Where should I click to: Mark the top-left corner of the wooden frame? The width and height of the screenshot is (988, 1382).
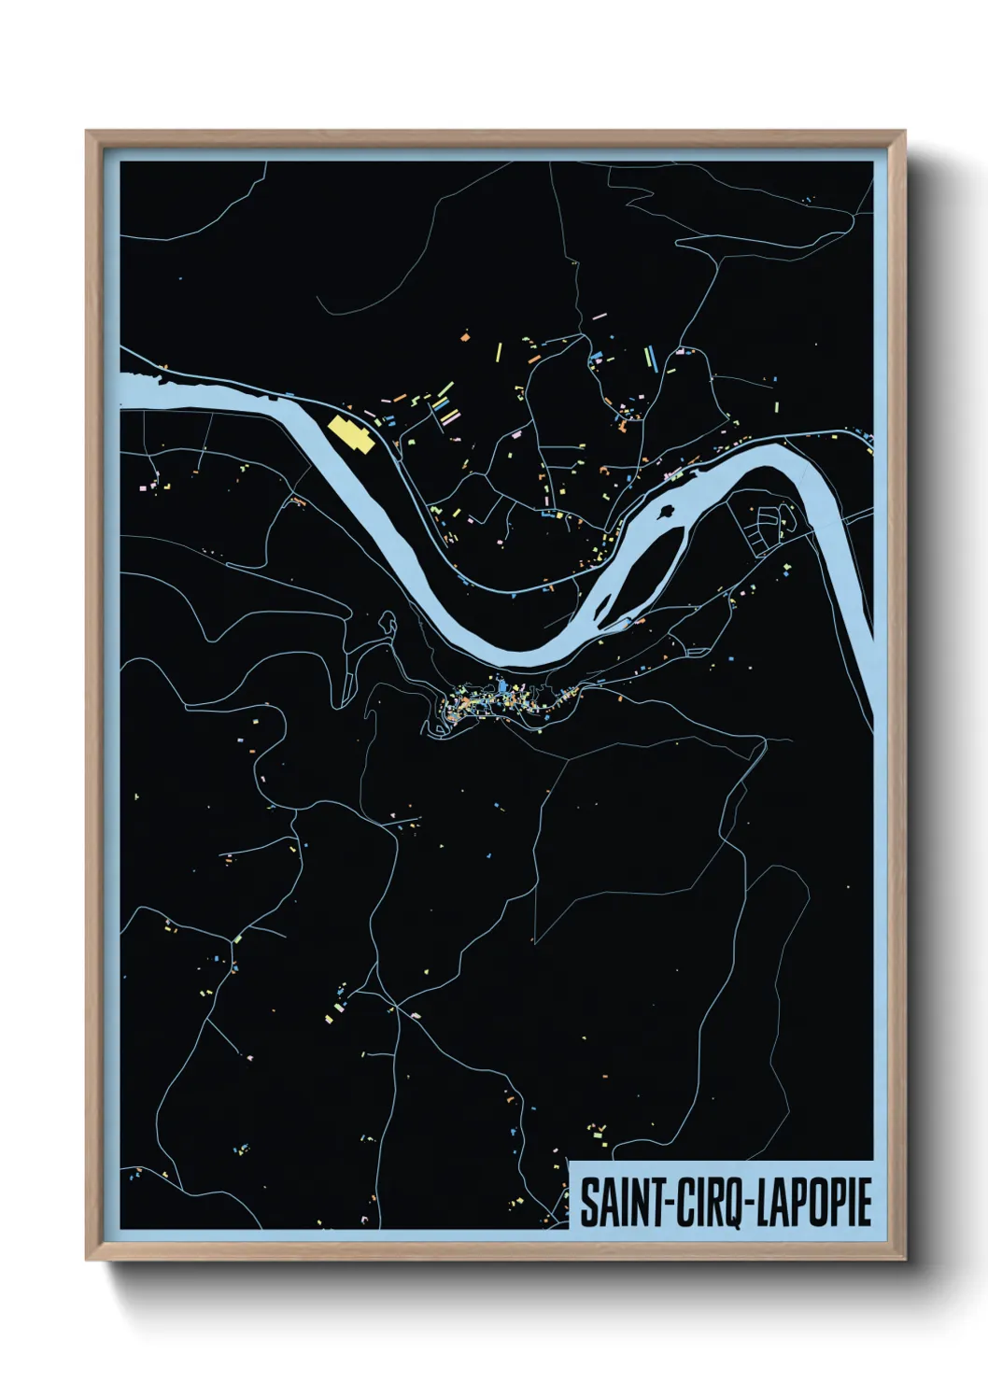[x=88, y=133]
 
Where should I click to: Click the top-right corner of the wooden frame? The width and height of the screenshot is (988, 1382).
[x=904, y=133]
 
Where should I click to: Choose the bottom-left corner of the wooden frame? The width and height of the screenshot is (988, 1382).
[x=88, y=1259]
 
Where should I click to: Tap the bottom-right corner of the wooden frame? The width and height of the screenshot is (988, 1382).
[x=904, y=1259]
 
